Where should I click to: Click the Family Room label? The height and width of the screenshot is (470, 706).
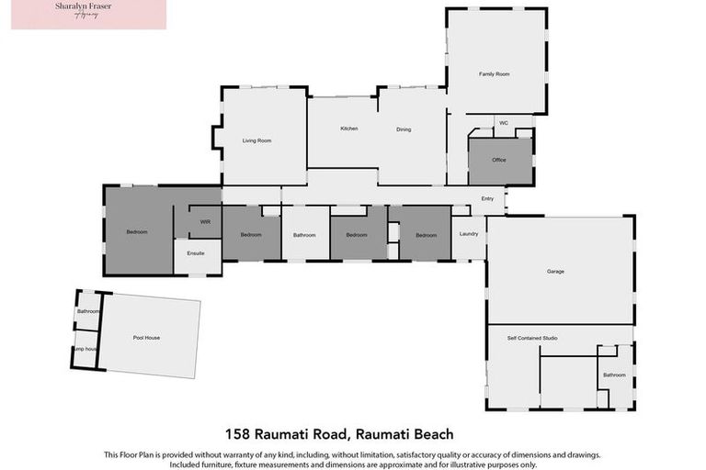click(494, 73)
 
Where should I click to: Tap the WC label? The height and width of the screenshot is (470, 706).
click(502, 122)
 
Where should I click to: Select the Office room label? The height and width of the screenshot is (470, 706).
click(499, 160)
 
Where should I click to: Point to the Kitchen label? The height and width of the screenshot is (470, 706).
click(348, 129)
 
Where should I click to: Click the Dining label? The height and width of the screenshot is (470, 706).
click(404, 129)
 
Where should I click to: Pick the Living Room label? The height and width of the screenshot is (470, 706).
click(256, 140)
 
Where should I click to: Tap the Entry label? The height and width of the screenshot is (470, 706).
click(487, 199)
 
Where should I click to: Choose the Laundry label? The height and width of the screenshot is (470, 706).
click(468, 234)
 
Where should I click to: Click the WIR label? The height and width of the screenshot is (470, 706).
click(206, 221)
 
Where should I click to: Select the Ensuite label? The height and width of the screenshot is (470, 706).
click(196, 252)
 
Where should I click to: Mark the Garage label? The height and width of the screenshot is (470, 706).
click(555, 271)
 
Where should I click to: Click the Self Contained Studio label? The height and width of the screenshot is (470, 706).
click(532, 339)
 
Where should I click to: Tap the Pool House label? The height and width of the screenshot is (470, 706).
click(146, 338)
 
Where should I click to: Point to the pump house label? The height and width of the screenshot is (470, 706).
click(86, 349)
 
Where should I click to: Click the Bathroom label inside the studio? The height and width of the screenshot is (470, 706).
click(613, 375)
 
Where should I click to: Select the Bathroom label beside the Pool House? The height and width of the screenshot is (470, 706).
click(87, 311)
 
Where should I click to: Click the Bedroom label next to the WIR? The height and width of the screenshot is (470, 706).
click(137, 232)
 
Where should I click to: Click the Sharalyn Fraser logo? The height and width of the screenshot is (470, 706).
click(89, 15)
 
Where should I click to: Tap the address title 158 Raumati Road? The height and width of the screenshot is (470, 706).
click(340, 433)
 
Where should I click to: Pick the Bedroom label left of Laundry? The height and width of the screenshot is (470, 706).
click(426, 235)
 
